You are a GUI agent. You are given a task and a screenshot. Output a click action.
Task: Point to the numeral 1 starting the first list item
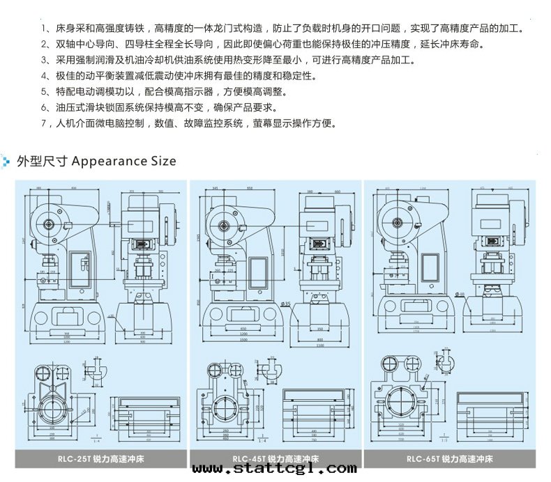click(x=44, y=29)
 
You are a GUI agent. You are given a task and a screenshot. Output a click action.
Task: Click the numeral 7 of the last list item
click(x=44, y=125)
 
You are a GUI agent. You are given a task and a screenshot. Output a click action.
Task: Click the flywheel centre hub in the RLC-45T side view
click(x=225, y=226)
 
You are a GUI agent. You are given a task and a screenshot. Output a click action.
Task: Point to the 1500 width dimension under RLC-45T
click(x=243, y=339)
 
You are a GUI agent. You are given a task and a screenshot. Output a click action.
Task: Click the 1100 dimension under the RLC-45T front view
click(x=319, y=345)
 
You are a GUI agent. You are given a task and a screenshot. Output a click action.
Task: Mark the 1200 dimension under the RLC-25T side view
click(x=67, y=341)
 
